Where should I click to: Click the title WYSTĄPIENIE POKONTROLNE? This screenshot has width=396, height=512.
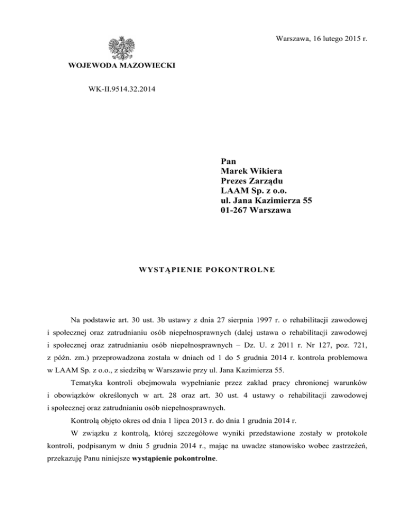click(198, 269)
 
